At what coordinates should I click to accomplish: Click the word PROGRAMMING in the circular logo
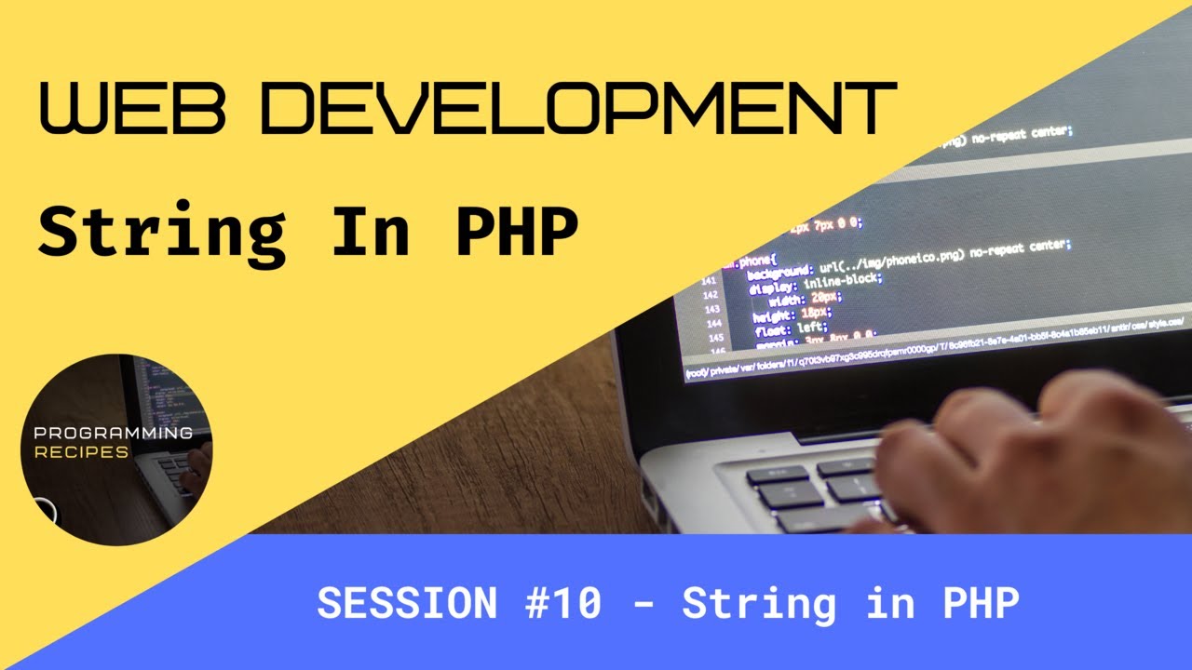click(113, 433)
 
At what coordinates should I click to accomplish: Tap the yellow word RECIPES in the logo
click(82, 452)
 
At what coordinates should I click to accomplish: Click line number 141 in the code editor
click(711, 280)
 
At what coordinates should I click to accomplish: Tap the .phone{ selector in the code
click(757, 262)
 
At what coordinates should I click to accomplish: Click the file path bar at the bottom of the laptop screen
click(931, 349)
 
